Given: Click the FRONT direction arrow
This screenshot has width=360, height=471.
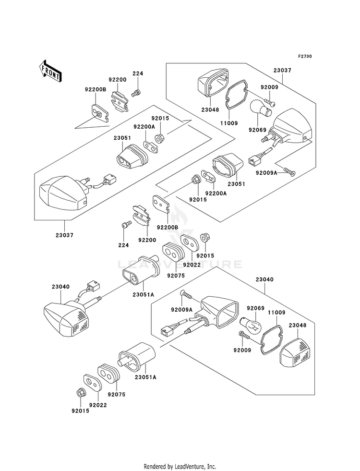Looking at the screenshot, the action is point(50,71).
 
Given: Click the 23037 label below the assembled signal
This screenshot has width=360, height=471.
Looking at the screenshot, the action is point(64,235).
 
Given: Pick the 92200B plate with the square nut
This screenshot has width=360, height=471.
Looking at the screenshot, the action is point(99,113).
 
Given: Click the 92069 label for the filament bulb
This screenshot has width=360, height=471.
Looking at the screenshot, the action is point(255,309).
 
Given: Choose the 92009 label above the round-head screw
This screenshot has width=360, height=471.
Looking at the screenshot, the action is point(269,87).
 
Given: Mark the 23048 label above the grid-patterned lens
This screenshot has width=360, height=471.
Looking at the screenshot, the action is point(298,326).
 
